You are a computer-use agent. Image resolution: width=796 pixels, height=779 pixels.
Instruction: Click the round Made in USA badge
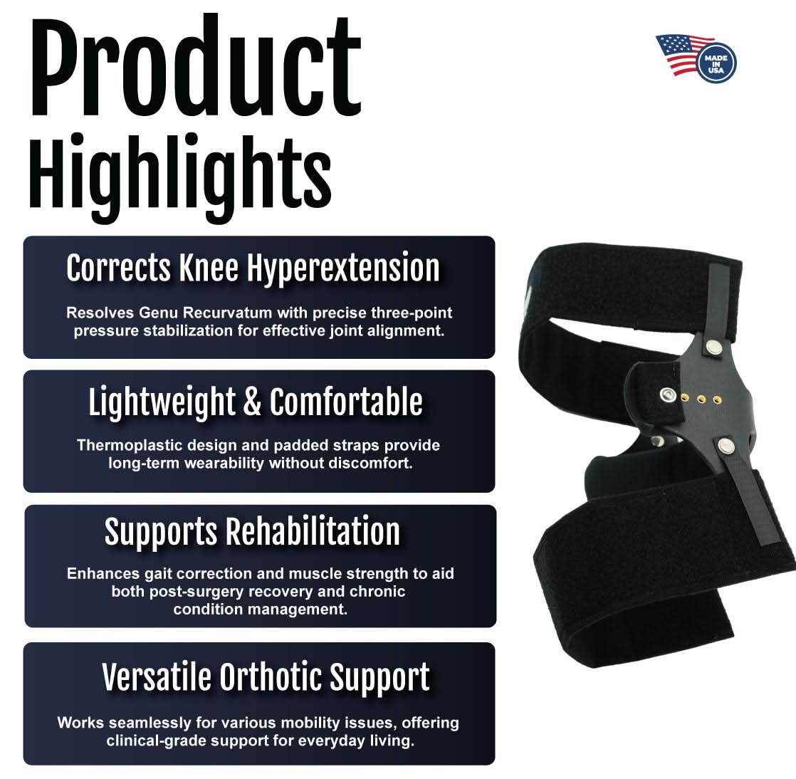coord(715,61)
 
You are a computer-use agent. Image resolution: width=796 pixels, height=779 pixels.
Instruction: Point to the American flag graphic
coord(679,54)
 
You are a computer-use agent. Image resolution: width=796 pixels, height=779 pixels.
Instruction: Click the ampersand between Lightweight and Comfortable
coord(252,402)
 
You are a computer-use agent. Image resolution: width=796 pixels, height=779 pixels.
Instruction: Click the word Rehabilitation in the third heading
coord(312,531)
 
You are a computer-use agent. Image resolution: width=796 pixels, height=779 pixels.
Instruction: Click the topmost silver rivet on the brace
coord(711,345)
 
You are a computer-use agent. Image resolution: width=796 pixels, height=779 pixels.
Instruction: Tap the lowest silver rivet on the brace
coord(726,446)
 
